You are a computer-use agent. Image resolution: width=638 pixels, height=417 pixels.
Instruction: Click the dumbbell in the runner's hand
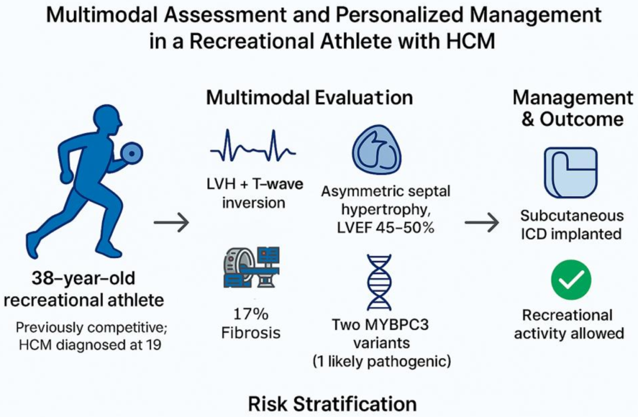click(x=132, y=153)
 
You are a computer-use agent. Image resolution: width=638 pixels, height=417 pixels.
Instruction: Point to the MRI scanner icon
click(x=252, y=268)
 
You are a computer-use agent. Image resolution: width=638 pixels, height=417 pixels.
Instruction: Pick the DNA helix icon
click(x=379, y=282)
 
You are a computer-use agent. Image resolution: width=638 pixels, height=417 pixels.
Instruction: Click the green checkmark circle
click(x=571, y=280)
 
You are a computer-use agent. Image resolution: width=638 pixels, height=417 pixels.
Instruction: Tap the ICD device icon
click(x=571, y=173)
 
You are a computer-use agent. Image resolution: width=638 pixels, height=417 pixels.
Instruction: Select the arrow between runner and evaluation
click(x=171, y=223)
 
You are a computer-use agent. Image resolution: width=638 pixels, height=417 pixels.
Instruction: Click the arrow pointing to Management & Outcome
click(x=482, y=223)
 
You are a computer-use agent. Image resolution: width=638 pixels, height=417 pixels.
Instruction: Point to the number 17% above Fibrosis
click(x=250, y=314)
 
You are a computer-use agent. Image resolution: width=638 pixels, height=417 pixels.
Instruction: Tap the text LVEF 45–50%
click(x=386, y=228)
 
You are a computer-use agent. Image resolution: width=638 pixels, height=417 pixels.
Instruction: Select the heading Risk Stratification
click(x=333, y=404)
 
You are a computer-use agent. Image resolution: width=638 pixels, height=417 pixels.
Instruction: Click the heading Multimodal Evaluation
click(x=309, y=98)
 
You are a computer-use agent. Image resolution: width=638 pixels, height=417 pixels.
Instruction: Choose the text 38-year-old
click(x=83, y=279)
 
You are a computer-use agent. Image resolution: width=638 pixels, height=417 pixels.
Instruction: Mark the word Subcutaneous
click(x=572, y=215)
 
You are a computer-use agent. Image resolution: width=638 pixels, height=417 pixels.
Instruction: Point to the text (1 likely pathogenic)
click(x=382, y=361)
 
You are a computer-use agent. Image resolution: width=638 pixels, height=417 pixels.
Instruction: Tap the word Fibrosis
click(x=250, y=333)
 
